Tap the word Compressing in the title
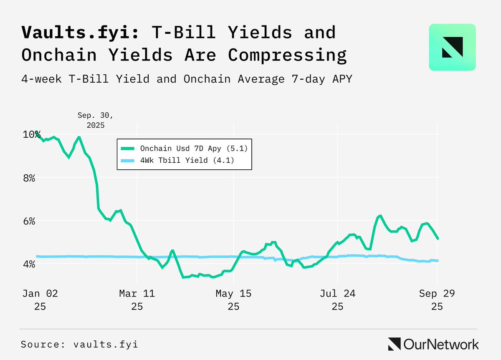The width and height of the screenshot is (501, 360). pyautogui.click(x=287, y=55)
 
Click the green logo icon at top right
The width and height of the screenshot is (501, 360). pyautogui.click(x=452, y=47)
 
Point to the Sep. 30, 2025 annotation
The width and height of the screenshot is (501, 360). pyautogui.click(x=96, y=120)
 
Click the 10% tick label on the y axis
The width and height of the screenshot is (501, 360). pyautogui.click(x=32, y=135)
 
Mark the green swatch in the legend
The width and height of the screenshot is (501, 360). pyautogui.click(x=127, y=148)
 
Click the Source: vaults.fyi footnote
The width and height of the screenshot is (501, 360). pyautogui.click(x=79, y=345)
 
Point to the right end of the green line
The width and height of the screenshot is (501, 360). pyautogui.click(x=438, y=239)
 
